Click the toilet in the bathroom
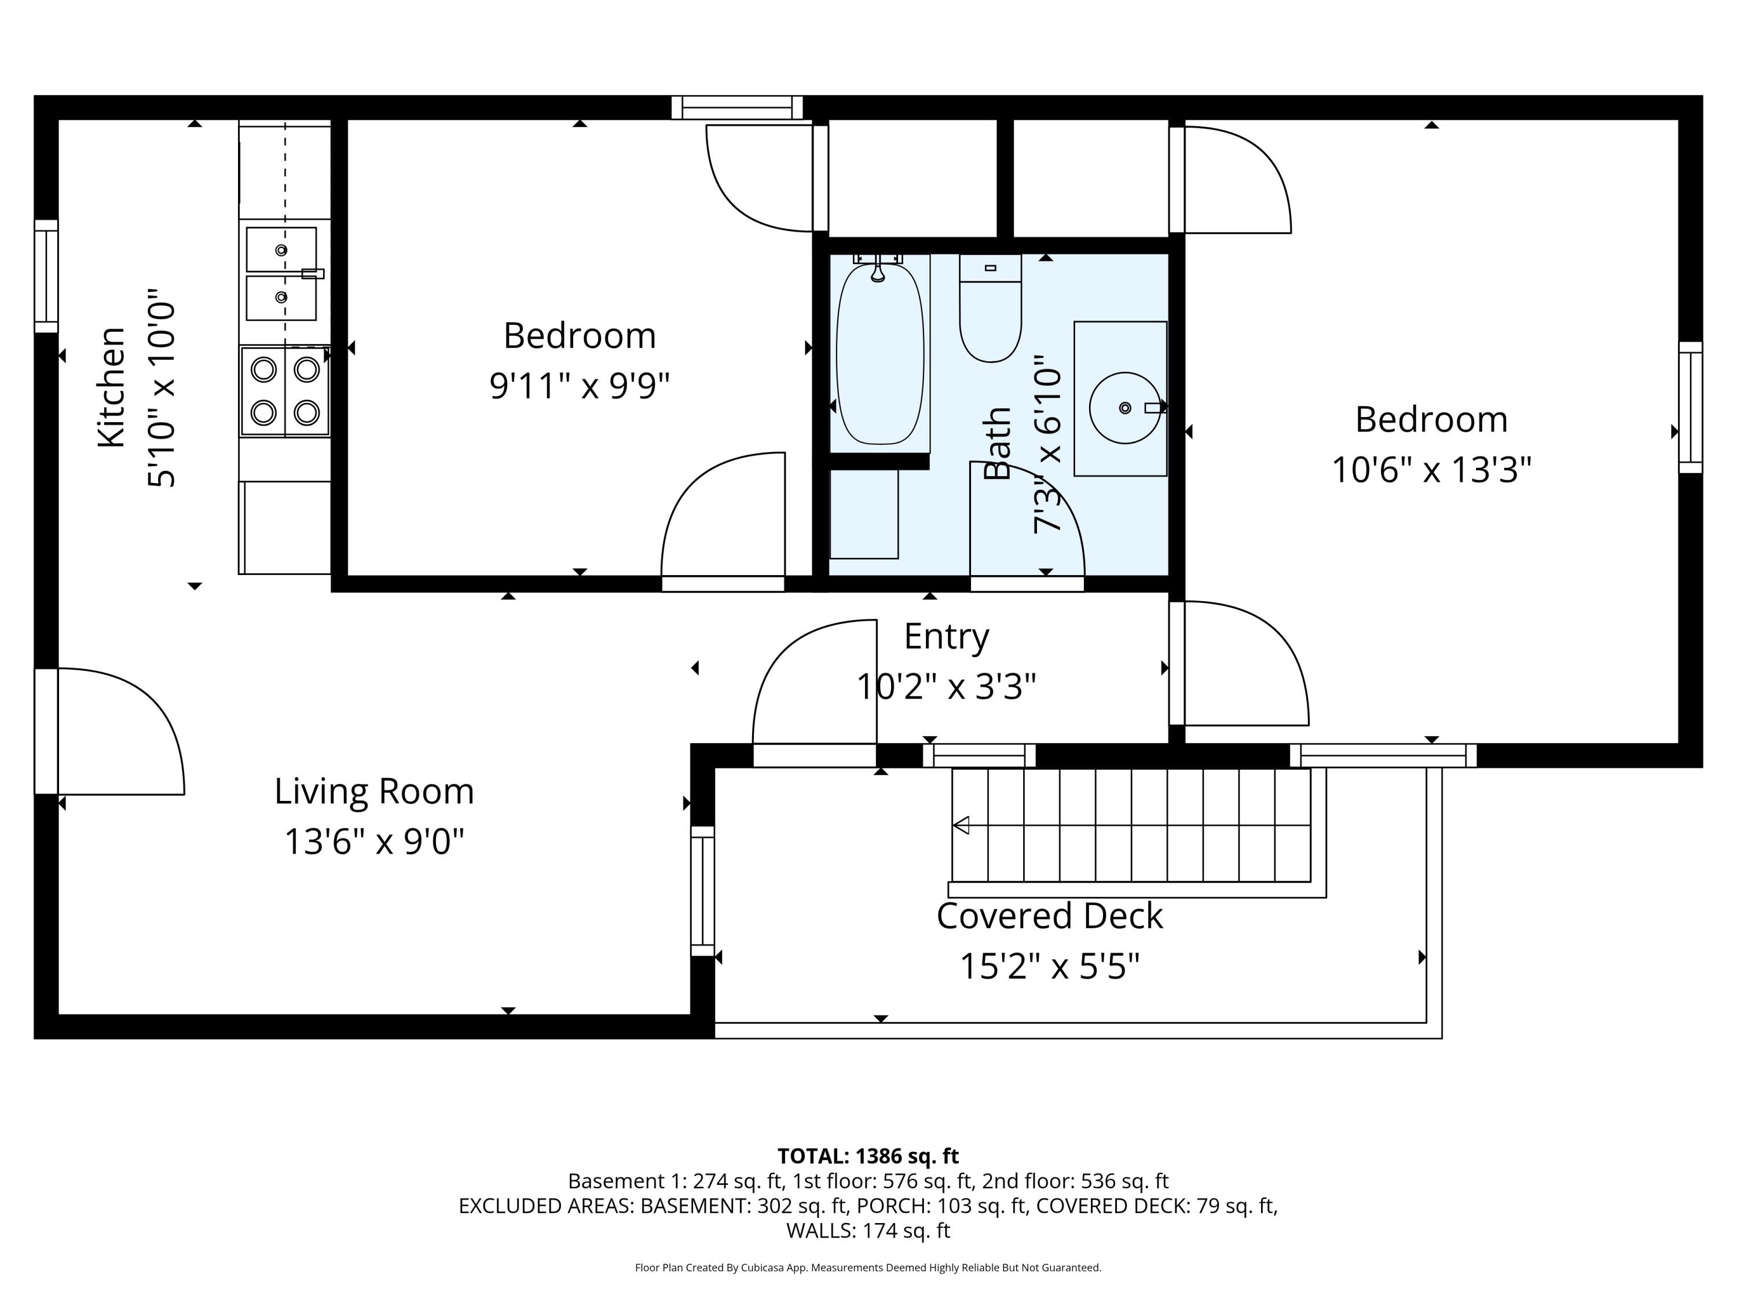[x=990, y=314]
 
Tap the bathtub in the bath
[x=880, y=353]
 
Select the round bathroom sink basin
[x=1124, y=408]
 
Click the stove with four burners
[x=284, y=391]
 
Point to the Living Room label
[x=374, y=792]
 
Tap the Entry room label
[x=946, y=636]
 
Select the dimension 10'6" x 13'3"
[x=1431, y=470]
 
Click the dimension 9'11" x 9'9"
[x=580, y=386]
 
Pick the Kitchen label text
[x=112, y=388]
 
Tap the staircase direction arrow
[x=961, y=825]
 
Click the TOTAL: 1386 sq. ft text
[x=868, y=1156]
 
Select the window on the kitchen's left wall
[x=46, y=276]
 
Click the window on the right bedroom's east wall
[x=1691, y=408]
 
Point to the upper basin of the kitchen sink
[x=281, y=250]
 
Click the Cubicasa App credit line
[x=868, y=1268]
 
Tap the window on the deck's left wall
[x=702, y=891]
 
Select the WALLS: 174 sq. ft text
[x=868, y=1231]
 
